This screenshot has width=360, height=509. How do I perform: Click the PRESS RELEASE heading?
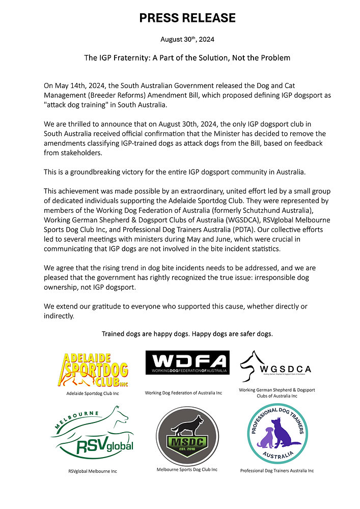point(187,18)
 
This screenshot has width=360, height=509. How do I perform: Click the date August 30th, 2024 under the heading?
point(187,39)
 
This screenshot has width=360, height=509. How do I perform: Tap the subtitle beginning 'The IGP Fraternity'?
point(187,58)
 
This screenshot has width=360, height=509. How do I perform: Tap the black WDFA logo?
point(187,362)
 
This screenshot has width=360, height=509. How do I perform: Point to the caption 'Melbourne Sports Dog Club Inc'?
point(187,469)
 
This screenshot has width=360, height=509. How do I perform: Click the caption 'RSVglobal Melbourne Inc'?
point(93,471)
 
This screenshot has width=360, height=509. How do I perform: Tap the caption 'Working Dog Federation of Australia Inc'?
point(183,393)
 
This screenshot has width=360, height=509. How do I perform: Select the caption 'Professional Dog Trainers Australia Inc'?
point(277,471)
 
